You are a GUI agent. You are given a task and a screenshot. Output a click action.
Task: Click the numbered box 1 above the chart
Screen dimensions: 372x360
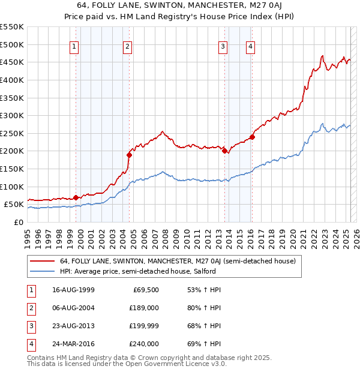point(74,47)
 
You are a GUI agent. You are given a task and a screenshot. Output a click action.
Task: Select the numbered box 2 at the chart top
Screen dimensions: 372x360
point(128,47)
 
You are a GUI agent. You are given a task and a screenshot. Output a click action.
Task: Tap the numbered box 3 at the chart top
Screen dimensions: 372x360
point(223,47)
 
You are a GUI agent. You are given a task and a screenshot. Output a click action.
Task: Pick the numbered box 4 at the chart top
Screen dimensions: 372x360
point(250,47)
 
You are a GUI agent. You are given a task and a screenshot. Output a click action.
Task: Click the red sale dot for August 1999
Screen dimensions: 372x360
point(76,197)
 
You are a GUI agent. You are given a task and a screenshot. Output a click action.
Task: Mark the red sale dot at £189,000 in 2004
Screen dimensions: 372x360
point(129,155)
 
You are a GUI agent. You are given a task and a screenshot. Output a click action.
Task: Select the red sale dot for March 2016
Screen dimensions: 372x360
point(253,137)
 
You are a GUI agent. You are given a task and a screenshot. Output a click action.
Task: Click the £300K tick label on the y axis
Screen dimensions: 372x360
point(12,115)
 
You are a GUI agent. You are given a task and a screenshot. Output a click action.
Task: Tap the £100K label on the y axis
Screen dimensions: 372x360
point(12,187)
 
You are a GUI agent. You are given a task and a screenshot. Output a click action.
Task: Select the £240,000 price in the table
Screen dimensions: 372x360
point(145,344)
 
